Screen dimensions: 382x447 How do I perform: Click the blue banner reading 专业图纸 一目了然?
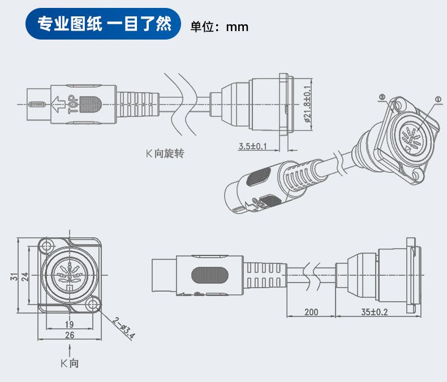click(x=104, y=25)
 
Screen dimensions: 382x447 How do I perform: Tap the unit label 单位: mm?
click(x=220, y=27)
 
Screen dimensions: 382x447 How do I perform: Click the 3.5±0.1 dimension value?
click(x=252, y=146)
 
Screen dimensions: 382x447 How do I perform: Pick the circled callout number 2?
click(x=382, y=98)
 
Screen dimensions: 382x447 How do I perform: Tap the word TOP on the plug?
click(x=73, y=105)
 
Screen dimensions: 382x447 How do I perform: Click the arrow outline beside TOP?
click(x=58, y=104)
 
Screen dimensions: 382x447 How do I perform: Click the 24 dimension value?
click(x=24, y=276)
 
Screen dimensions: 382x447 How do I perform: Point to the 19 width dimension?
click(x=69, y=324)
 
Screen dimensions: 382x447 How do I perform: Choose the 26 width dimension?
click(x=69, y=335)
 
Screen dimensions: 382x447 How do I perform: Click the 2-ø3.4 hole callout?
click(x=123, y=328)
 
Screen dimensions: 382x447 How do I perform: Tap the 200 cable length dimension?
click(x=311, y=311)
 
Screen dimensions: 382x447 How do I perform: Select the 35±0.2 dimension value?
click(x=374, y=311)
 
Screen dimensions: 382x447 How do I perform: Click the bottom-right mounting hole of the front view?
click(x=93, y=305)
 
